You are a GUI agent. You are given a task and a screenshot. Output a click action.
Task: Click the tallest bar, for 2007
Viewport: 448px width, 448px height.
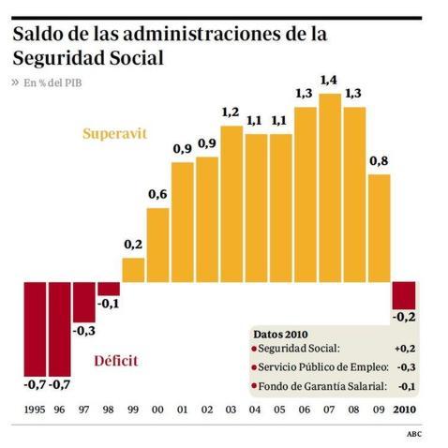[x=330, y=187]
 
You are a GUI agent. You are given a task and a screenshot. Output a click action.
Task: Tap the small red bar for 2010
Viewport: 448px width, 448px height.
[x=404, y=294]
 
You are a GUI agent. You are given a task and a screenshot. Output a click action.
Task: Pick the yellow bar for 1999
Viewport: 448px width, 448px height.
[x=134, y=270]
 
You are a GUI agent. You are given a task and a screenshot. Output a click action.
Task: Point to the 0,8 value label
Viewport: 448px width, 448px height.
[x=380, y=160]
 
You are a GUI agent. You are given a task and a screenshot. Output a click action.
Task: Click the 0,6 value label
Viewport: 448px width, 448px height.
[x=158, y=194]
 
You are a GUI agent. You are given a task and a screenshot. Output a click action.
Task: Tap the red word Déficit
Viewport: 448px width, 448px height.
[x=119, y=362]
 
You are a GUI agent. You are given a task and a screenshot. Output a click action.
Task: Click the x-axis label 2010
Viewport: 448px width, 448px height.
[x=404, y=410]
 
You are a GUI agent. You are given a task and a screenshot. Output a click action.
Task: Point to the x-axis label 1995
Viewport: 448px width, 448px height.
[x=35, y=410]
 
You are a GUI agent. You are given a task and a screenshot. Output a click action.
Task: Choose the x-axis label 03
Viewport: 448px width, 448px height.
[x=231, y=410]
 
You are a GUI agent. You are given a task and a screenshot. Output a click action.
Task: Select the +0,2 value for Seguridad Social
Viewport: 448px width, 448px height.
[x=403, y=350]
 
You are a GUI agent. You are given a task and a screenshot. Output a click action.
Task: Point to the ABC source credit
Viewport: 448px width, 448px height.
[x=413, y=434]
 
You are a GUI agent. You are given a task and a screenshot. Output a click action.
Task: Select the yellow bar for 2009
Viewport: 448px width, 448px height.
[x=380, y=228]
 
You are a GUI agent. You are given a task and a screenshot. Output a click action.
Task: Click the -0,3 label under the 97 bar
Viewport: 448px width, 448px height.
[x=84, y=331]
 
